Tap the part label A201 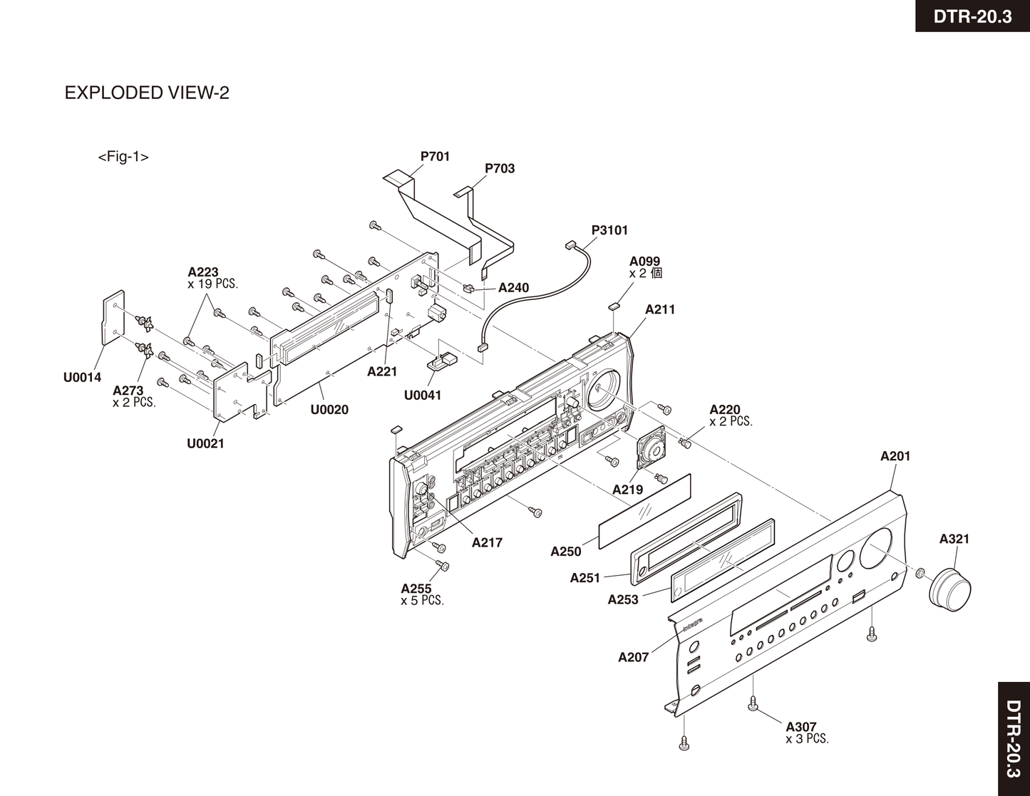(x=895, y=456)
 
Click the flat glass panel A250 (x=644, y=510)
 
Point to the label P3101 (x=609, y=230)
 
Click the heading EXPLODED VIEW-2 (x=147, y=93)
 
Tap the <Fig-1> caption (x=123, y=156)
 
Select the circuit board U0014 (x=113, y=316)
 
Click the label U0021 (x=205, y=443)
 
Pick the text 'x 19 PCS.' (x=213, y=284)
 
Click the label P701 (x=435, y=156)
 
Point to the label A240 (x=513, y=288)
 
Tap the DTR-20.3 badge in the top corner (x=973, y=16)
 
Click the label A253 (x=623, y=599)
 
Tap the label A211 (x=660, y=309)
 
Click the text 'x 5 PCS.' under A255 (x=422, y=601)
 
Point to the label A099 (x=644, y=261)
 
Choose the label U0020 (x=329, y=409)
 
